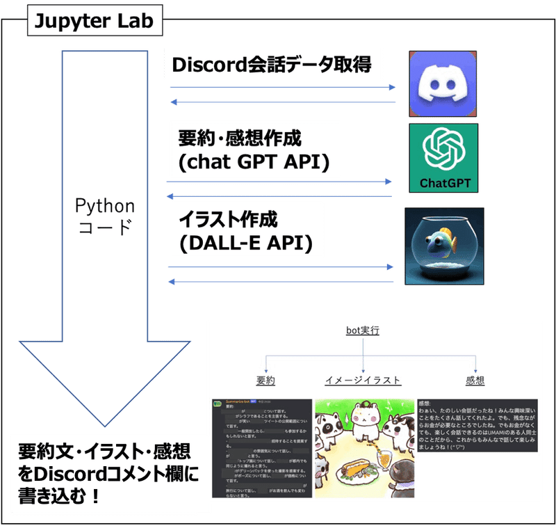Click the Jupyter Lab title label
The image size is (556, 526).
95,23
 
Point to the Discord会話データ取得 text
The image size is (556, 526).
272,65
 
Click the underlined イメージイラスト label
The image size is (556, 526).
363,381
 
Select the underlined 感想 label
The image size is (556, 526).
475,381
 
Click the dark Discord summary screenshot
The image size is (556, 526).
261,447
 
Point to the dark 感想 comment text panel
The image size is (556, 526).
476,426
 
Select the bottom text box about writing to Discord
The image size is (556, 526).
104,472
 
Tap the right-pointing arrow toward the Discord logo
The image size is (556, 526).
281,88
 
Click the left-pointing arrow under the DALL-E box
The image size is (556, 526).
281,282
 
